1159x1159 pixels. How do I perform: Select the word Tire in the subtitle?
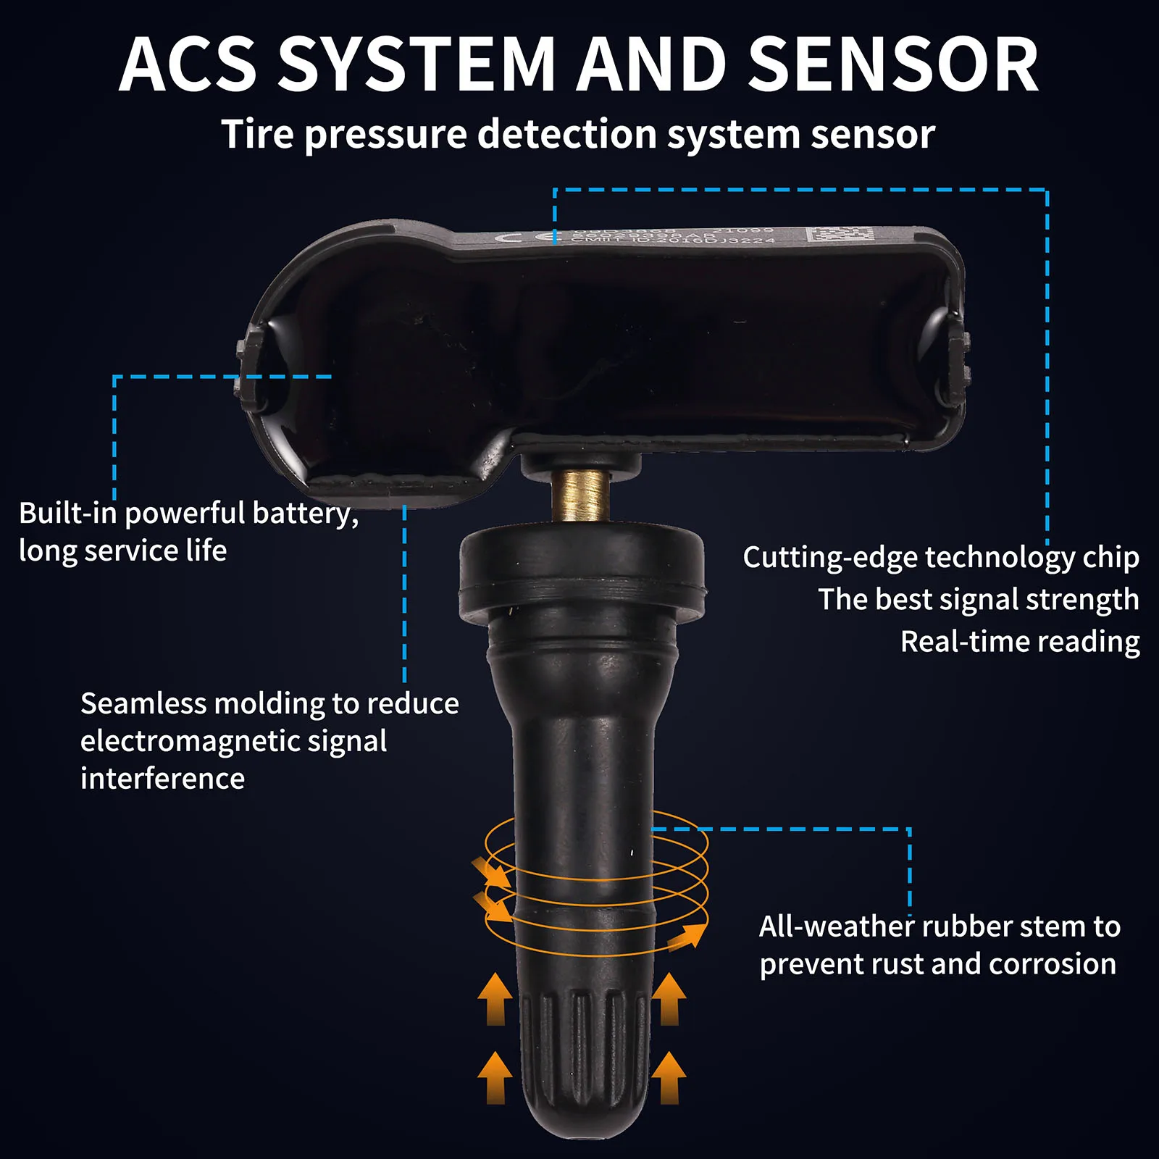point(257,135)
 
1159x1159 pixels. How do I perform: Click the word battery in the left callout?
point(305,514)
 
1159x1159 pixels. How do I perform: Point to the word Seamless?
point(142,703)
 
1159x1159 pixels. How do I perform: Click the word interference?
point(162,779)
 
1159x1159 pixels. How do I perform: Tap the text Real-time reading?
point(1020,642)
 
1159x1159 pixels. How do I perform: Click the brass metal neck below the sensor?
point(579,494)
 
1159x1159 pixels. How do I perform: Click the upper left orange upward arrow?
point(495,999)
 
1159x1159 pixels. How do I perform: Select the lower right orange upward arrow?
point(669,1077)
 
